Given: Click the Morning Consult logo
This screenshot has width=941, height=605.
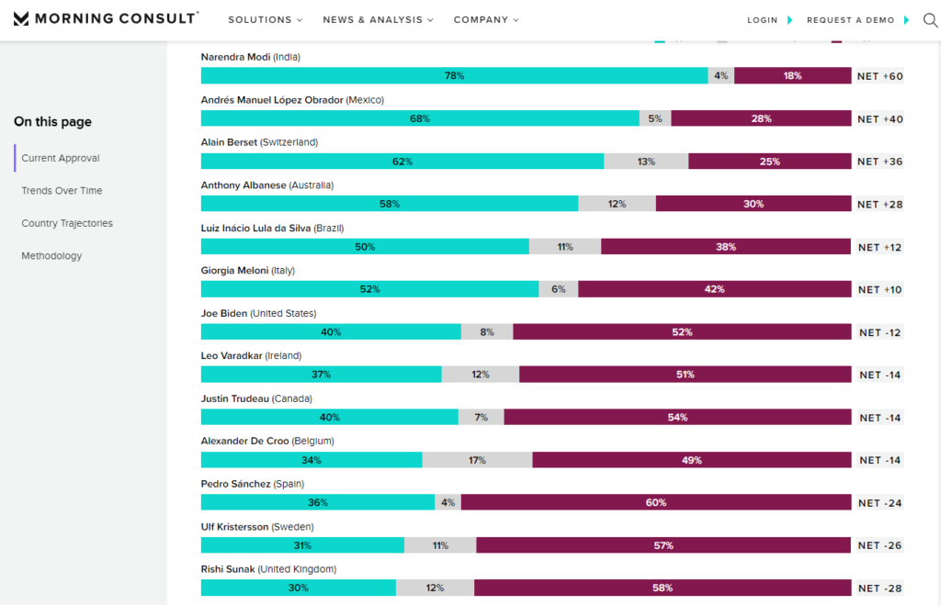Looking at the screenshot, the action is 106,18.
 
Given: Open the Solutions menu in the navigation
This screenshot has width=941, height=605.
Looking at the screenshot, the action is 266,20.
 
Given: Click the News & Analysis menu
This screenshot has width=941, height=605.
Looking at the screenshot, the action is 378,20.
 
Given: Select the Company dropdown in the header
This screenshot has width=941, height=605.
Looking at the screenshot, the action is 486,20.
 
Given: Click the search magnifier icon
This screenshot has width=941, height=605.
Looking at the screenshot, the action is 930,20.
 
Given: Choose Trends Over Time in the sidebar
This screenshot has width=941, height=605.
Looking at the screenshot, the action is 62,191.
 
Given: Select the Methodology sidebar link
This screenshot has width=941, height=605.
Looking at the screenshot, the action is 51,255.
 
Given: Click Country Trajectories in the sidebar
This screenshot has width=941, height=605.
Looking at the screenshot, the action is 67,223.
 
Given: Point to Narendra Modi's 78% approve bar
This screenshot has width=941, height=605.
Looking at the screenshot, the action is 454,75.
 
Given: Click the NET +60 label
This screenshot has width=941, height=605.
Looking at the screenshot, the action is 879,76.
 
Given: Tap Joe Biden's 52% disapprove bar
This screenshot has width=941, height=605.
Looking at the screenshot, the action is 682,331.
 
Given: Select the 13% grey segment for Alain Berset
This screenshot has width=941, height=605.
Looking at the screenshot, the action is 646,162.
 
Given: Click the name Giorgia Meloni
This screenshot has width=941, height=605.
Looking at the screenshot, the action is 234,271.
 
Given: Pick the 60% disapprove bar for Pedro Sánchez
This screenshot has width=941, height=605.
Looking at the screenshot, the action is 656,502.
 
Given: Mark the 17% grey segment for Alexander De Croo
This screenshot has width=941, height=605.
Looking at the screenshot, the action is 477,460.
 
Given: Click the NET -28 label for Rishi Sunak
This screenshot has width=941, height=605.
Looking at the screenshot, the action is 879,588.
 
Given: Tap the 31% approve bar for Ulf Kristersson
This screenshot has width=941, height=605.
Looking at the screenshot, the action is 302,545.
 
